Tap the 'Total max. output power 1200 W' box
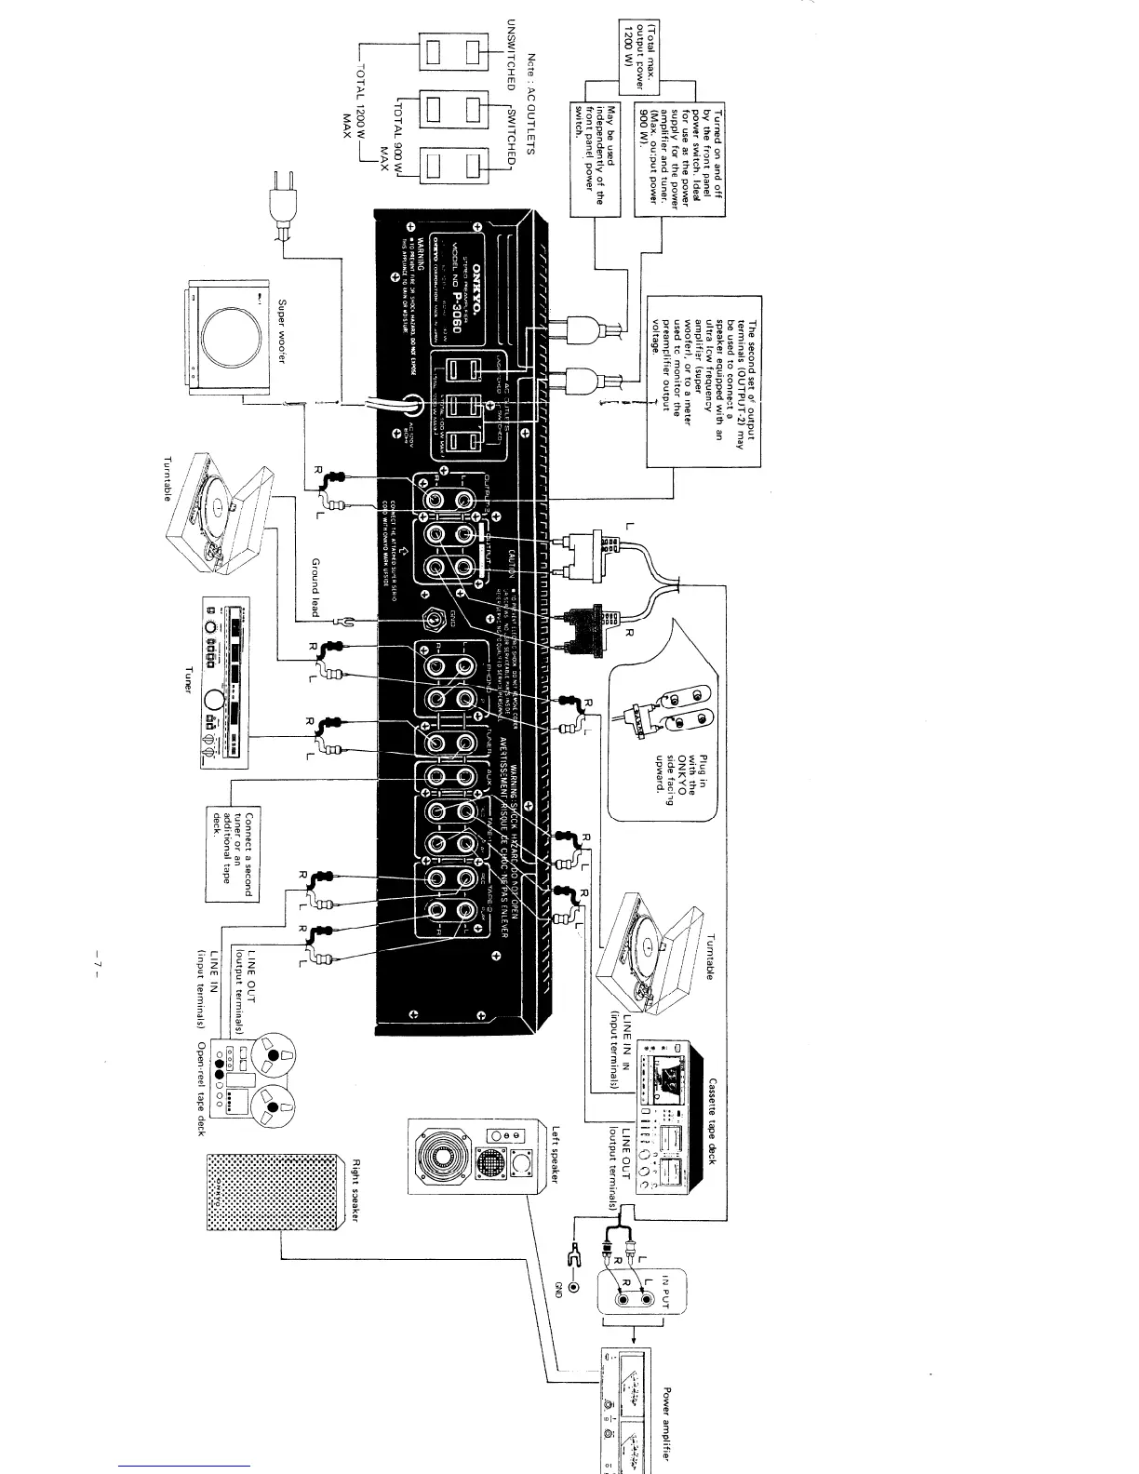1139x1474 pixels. pyautogui.click(x=638, y=55)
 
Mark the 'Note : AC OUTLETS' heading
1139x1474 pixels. pyautogui.click(x=531, y=103)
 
